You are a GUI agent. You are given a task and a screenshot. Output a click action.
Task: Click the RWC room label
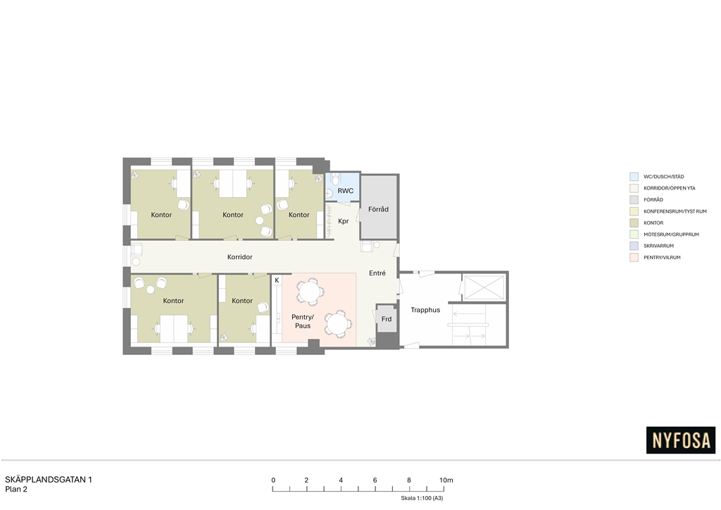pyautogui.click(x=345, y=191)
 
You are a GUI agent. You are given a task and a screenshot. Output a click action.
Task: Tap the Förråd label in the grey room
pyautogui.click(x=378, y=209)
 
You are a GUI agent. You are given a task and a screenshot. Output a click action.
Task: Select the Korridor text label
pyautogui.click(x=239, y=257)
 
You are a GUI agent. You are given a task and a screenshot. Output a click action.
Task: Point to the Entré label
pyautogui.click(x=377, y=273)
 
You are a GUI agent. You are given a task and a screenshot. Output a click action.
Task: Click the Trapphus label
pyautogui.click(x=425, y=311)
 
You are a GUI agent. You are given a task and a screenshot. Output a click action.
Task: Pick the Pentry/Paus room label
pyautogui.click(x=303, y=321)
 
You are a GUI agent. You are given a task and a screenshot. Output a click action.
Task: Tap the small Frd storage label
pyautogui.click(x=387, y=319)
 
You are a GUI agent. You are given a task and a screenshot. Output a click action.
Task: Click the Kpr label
pyautogui.click(x=344, y=221)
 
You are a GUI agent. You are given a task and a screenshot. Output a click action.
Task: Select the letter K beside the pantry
pyautogui.click(x=277, y=280)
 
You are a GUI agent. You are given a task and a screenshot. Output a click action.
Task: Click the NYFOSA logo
pyautogui.click(x=681, y=440)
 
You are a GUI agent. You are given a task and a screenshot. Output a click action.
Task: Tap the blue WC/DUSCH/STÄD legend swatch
pyautogui.click(x=634, y=177)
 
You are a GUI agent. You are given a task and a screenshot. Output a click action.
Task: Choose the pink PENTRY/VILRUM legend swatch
pyautogui.click(x=634, y=258)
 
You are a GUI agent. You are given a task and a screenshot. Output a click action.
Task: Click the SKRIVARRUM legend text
pyautogui.click(x=658, y=246)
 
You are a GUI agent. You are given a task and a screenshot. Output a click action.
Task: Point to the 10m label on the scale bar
pyautogui.click(x=446, y=480)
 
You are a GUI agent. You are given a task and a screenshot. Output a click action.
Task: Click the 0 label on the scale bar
pyautogui.click(x=273, y=480)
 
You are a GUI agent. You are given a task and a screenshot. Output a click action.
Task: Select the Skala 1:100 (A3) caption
pyautogui.click(x=422, y=498)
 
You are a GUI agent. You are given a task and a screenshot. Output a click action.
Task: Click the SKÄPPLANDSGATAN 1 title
pyautogui.click(x=49, y=480)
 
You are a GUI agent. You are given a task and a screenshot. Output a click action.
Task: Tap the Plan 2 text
pyautogui.click(x=16, y=490)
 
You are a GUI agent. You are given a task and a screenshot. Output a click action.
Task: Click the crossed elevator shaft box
pyautogui.click(x=484, y=287)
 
